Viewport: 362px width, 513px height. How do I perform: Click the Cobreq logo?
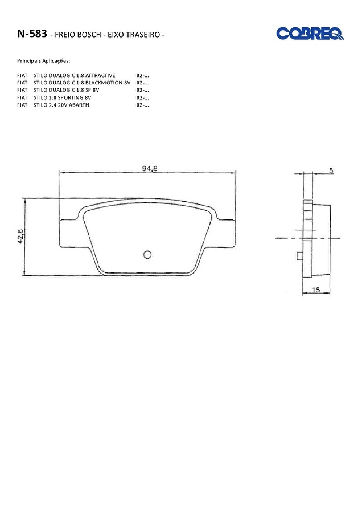coord(310,34)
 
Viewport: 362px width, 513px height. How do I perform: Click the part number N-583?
coord(32,34)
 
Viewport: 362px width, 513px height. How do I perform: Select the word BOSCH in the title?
coord(89,35)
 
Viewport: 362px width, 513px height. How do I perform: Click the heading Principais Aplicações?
coord(43,61)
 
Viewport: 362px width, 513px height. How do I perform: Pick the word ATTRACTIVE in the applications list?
coord(100,75)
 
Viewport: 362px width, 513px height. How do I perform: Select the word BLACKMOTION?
coord(105,83)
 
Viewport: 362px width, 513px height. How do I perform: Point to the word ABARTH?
coord(79,105)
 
